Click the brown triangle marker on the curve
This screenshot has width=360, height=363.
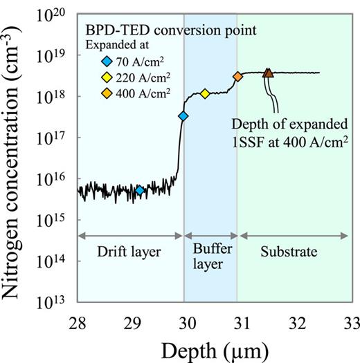(x=269, y=73)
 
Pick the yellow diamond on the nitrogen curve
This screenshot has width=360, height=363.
(x=205, y=93)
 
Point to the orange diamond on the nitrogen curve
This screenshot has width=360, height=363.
(x=237, y=77)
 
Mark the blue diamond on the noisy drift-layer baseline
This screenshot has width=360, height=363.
(x=139, y=190)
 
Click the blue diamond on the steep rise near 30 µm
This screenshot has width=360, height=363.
(x=183, y=116)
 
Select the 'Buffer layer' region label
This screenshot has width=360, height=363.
(x=210, y=259)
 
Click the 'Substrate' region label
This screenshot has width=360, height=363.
(x=293, y=252)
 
